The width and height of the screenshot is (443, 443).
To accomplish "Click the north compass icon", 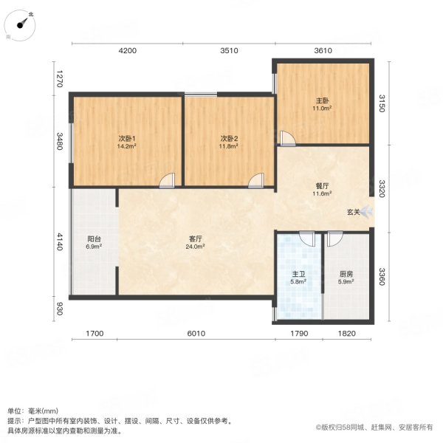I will [25, 24].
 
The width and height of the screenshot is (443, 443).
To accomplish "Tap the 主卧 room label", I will [322, 100].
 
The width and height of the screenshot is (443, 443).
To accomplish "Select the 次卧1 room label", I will [127, 138].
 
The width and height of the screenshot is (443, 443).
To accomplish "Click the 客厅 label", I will [196, 238].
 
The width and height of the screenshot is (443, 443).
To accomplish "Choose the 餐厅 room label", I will [322, 185].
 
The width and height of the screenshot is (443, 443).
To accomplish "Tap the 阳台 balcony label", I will [94, 238].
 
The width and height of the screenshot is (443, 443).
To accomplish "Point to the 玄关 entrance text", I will [354, 213].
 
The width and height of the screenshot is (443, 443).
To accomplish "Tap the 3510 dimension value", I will [229, 50].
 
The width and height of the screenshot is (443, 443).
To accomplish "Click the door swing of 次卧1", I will [168, 179].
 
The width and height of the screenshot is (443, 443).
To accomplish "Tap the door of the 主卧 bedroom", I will [287, 138].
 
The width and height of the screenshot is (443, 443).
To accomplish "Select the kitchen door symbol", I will [334, 238].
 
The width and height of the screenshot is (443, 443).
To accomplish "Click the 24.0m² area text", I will [196, 247].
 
